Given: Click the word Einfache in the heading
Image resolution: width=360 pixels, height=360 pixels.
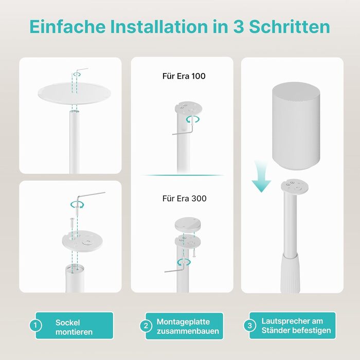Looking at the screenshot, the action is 67,26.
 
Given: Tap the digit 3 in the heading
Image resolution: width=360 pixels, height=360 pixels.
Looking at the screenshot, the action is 238,27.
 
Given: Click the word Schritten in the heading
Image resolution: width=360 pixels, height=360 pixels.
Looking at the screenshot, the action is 290,26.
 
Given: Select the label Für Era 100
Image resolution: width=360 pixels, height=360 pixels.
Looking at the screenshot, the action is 184,76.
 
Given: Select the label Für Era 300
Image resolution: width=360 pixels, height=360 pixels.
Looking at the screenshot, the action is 184,199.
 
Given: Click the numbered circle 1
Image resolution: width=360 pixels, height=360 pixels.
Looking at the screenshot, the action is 35,325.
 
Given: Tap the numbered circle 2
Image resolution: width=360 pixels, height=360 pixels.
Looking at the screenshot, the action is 146,326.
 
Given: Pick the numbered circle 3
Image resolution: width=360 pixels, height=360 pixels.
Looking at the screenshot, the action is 249,326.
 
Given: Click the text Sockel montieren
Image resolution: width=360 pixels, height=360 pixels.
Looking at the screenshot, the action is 74,327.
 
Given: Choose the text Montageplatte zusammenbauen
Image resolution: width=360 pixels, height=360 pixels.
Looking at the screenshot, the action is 188,326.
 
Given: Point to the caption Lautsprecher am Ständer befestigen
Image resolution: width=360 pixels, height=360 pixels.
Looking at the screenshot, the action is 296,326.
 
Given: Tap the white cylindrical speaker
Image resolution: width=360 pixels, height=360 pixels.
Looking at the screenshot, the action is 296,126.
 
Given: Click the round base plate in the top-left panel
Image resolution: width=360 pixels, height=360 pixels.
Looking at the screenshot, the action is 75,94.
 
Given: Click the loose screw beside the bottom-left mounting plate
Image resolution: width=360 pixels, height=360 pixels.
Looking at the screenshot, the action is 72,223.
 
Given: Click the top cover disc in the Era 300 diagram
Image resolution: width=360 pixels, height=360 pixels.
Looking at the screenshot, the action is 188,224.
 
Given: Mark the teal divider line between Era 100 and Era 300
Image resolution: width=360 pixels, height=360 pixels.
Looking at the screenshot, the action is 182,175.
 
